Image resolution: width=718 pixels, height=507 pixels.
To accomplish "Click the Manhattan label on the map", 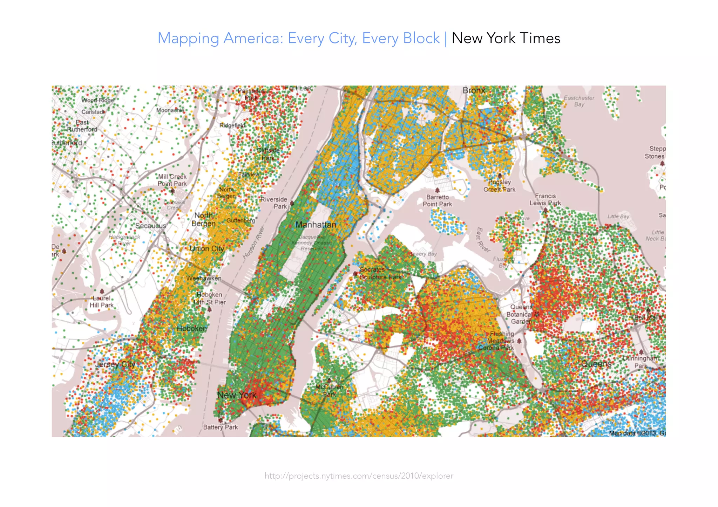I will [316, 225].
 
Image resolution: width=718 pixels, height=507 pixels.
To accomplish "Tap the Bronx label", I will [474, 90].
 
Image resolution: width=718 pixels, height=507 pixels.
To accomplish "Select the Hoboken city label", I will [192, 328].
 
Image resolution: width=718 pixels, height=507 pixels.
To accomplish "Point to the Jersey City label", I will [115, 364].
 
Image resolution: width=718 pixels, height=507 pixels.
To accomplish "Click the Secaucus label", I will [151, 226].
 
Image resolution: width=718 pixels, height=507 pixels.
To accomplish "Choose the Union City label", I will [207, 249].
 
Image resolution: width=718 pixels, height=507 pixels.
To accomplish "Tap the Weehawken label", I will [204, 278].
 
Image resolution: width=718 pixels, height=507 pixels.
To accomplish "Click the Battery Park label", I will [221, 427].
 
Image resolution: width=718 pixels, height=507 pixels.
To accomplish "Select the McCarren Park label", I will [329, 391].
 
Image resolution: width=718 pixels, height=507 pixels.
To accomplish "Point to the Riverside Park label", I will [274, 203].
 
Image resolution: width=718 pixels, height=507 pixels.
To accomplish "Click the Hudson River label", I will [253, 243].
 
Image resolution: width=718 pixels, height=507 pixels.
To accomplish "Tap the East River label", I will [483, 240].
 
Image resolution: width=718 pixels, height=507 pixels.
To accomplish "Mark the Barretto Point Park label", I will [438, 201].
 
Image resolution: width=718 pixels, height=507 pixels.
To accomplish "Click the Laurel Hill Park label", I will [102, 302].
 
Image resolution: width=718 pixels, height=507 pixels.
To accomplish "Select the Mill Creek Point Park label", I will [172, 180].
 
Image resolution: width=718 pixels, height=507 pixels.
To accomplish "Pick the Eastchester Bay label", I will [579, 101].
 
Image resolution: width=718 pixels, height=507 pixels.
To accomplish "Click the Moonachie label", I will [170, 110].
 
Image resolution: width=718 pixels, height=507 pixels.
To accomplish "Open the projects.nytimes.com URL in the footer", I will [359, 476].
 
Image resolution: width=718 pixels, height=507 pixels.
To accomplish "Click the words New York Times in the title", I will [506, 38].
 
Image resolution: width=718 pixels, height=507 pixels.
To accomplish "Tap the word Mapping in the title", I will [188, 38].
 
